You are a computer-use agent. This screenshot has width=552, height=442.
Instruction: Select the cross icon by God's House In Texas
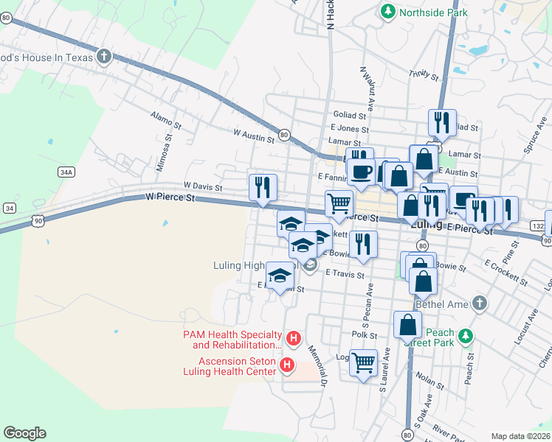coord(104,56)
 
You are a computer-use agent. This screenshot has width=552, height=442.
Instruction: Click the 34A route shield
coord(66,172)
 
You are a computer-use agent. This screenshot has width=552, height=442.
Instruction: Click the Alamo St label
coord(160,116)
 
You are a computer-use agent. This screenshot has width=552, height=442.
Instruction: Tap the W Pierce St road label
coord(170,197)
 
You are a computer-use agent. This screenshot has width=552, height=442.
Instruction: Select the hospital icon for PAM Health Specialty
coord(294,339)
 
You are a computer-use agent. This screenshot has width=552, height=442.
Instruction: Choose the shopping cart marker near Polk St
coord(363,362)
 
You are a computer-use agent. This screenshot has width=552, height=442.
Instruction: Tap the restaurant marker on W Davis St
coord(262,187)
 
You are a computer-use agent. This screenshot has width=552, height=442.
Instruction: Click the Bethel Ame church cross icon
coord(480,303)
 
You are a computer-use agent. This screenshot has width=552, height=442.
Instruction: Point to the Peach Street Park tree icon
coord(465,337)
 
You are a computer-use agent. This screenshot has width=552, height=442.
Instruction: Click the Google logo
coord(24,433)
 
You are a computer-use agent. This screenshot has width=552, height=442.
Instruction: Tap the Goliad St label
coord(350,116)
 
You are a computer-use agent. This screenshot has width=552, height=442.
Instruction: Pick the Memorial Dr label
coord(317,365)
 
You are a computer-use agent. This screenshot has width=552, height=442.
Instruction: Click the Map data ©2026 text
coord(520,436)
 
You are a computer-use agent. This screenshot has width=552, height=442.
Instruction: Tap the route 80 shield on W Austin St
coord(284,136)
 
